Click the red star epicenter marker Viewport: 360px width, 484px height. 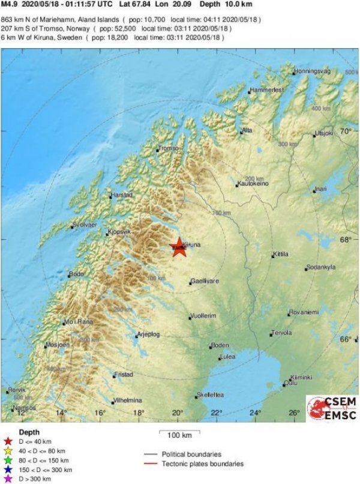[179, 247]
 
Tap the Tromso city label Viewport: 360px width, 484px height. [169, 148]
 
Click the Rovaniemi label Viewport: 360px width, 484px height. [304, 312]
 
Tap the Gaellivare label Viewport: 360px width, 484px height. [204, 280]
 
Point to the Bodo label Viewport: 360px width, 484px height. [77, 274]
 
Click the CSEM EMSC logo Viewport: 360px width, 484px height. [332, 408]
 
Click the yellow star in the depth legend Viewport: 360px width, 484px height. [8, 450]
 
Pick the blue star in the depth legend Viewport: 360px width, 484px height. [8, 469]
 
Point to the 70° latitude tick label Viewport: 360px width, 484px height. [346, 130]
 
